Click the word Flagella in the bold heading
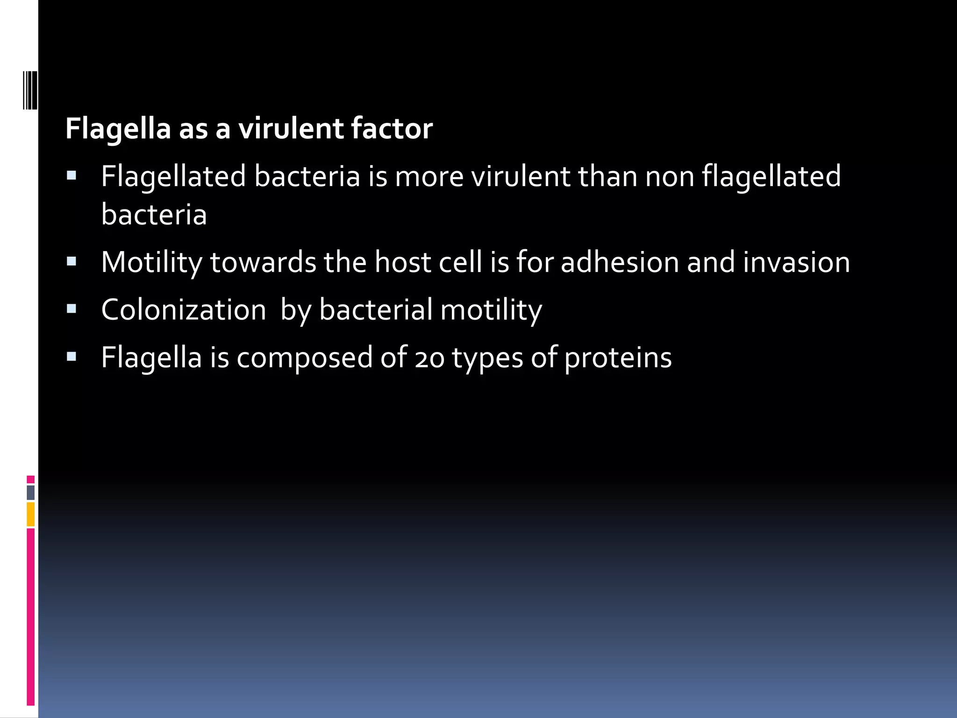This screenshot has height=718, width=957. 118,129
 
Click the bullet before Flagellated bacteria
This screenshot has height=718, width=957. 71,176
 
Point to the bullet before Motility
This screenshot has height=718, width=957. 71,262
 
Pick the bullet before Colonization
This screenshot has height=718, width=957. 71,309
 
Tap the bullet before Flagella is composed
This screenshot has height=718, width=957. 71,357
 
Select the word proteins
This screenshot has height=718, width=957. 618,358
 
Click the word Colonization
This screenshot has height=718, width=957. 184,310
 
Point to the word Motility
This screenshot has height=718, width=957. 152,262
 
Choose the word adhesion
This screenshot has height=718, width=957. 620,262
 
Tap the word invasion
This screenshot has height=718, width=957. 796,262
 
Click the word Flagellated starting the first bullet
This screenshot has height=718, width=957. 173,177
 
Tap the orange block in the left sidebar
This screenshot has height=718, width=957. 31,514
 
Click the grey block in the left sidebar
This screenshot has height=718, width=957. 31,493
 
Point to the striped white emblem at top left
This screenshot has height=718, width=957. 30,90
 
